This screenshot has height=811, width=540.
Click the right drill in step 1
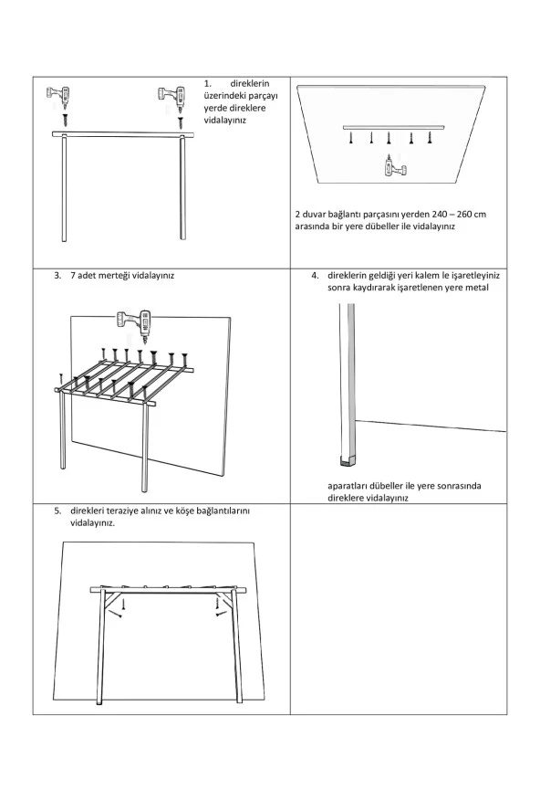tap(171, 94)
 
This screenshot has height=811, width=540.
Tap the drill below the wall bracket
tap(391, 164)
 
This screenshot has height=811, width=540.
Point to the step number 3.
tap(57, 274)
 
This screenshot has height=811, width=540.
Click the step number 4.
tap(314, 274)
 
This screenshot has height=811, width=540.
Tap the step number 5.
tap(57, 511)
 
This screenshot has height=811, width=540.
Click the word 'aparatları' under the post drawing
tap(348, 486)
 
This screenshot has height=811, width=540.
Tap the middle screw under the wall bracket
tap(390, 139)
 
